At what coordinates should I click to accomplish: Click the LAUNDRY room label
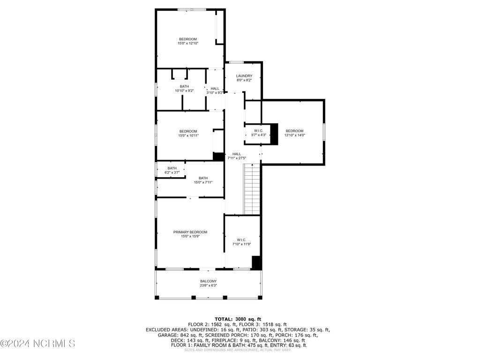pos(244,76)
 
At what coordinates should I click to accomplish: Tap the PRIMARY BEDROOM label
pos(190,232)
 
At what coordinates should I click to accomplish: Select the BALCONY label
pos(209,281)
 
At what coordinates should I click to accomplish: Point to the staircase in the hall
pos(252,189)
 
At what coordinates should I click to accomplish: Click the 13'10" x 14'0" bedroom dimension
pos(295,135)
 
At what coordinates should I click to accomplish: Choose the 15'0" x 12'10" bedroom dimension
pos(188,44)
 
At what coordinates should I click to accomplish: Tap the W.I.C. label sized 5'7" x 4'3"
pos(259,131)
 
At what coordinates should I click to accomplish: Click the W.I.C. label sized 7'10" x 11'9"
pos(241,240)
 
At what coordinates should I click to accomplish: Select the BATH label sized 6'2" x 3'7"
pos(172,168)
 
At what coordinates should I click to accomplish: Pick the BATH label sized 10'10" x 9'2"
pos(184,86)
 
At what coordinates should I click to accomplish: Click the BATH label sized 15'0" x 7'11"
pos(203,178)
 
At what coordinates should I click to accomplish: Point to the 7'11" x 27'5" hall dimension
pos(237,158)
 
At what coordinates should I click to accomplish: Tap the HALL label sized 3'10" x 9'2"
pos(215,89)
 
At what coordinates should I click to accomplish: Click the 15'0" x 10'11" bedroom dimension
pos(188,135)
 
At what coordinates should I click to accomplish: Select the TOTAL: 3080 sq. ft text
pos(238,319)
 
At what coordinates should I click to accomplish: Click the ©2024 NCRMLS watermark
pos(37,344)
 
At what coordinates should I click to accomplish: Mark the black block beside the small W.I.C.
pos(274,134)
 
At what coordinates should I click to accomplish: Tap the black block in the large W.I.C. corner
pos(256,262)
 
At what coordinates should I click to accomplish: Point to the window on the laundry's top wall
pos(236,62)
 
